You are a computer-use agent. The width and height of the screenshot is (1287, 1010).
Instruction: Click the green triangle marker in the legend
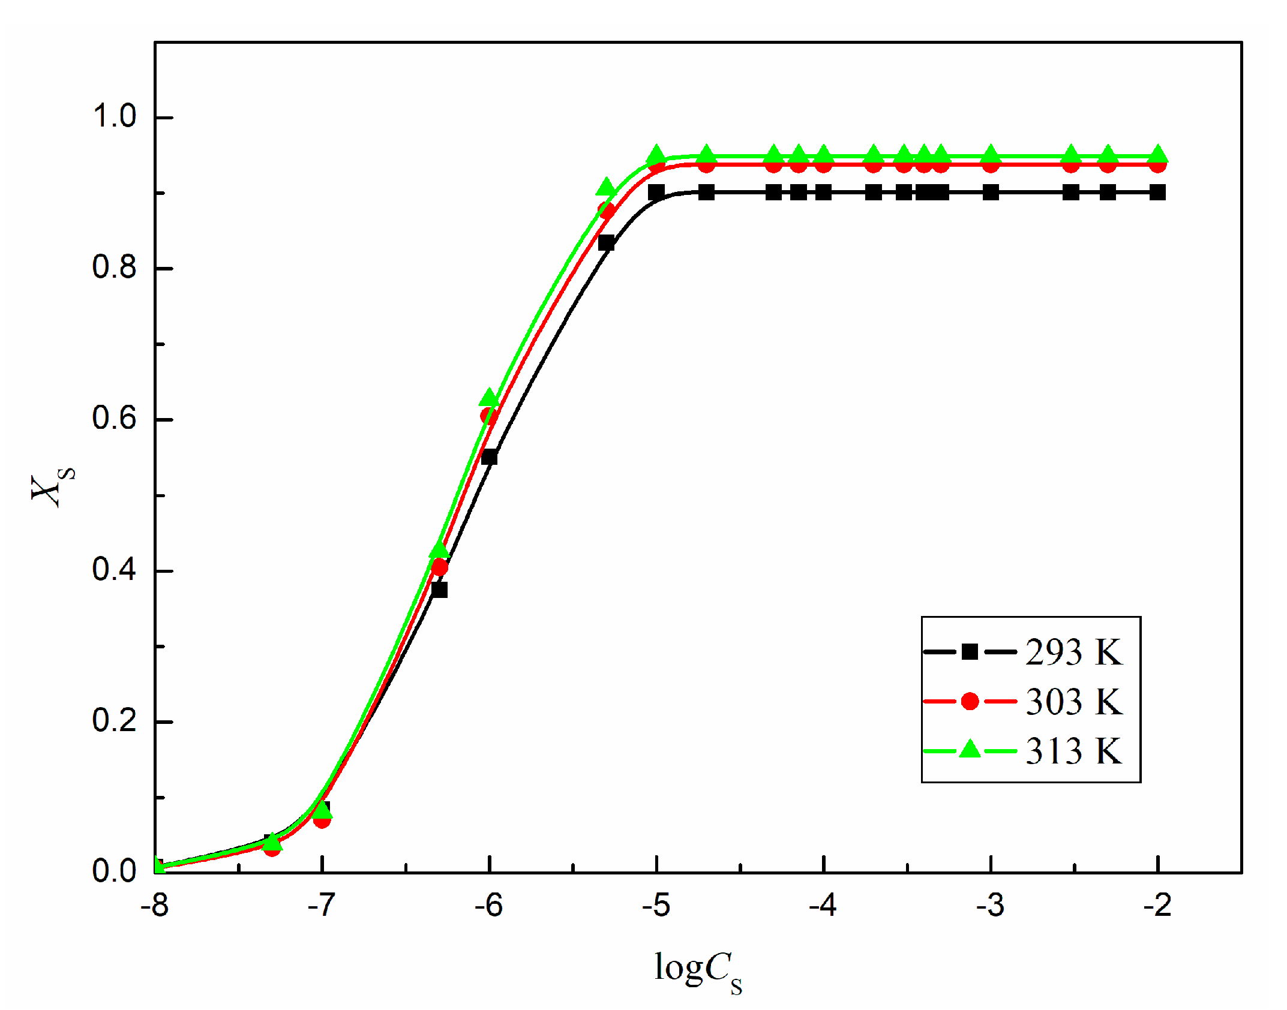970,750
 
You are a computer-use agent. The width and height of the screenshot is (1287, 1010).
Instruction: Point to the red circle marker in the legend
970,701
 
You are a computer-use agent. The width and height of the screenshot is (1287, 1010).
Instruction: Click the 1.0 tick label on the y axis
114,116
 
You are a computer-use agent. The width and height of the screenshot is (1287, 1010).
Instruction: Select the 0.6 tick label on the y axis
114,418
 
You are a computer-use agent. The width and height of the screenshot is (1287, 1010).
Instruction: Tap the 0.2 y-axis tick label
114,720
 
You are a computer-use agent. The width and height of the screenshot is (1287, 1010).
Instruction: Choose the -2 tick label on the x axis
1157,906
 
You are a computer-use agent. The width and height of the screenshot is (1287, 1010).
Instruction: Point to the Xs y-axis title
53,486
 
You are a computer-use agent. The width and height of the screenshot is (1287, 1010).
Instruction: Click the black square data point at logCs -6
490,457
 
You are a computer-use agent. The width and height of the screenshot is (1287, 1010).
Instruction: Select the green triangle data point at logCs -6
490,398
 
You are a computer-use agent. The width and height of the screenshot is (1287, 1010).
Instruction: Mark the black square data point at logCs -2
1158,193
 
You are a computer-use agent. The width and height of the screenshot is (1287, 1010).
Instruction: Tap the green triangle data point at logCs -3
991,155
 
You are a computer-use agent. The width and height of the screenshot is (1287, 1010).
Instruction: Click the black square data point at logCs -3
991,193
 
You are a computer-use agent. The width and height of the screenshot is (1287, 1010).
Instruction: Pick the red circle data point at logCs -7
322,820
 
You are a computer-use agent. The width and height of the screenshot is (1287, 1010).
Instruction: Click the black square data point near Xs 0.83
607,243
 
